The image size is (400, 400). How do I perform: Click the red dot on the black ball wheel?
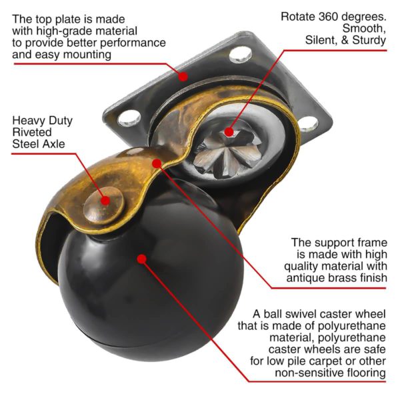(x=141, y=258)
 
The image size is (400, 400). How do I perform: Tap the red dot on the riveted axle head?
(x=105, y=199)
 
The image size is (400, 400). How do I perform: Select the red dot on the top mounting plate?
(x=183, y=75)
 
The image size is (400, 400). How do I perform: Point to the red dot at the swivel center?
(x=229, y=132)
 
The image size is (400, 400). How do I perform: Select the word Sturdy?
(x=369, y=41)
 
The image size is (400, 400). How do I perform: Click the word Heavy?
(x=29, y=121)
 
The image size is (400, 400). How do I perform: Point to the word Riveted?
(x=32, y=132)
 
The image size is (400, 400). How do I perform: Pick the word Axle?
(x=58, y=144)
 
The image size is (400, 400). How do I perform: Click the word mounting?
(x=87, y=54)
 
